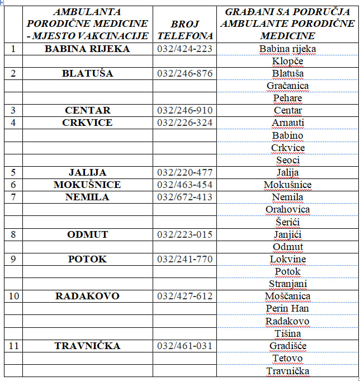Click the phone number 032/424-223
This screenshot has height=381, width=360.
click(185, 49)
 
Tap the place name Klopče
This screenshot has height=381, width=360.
click(287, 61)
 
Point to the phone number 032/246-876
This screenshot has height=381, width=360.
click(185, 73)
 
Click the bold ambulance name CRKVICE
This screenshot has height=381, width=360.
click(87, 123)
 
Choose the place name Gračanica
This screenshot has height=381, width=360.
click(287, 86)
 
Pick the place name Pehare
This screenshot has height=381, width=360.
click(287, 98)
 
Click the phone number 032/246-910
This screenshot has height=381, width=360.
click(185, 110)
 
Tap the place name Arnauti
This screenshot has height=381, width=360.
click(287, 123)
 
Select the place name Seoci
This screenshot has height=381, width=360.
click(287, 160)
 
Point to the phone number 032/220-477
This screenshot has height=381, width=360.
click(185, 172)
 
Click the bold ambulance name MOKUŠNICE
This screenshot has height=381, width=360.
click(87, 185)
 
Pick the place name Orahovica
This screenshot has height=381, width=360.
click(287, 209)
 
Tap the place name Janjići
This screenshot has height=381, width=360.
click(287, 234)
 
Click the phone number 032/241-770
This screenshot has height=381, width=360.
click(185, 259)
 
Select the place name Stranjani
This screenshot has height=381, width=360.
click(287, 284)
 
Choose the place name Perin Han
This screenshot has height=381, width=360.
click(287, 308)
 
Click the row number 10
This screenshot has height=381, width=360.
click(13, 296)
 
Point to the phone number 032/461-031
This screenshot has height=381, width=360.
click(185, 346)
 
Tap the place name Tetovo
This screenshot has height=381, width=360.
click(287, 358)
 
